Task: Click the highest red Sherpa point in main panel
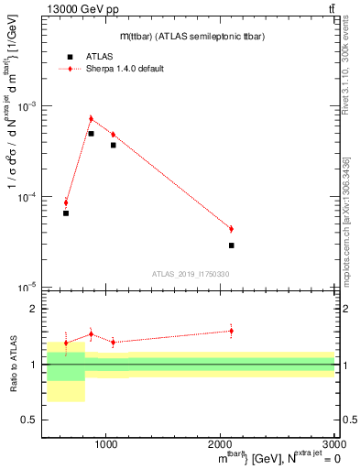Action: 91,118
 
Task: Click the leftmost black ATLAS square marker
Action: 66,213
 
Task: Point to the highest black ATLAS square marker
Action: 91,134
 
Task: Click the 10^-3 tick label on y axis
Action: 27,107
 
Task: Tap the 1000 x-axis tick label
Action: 106,444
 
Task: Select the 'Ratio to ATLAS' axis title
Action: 11,365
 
